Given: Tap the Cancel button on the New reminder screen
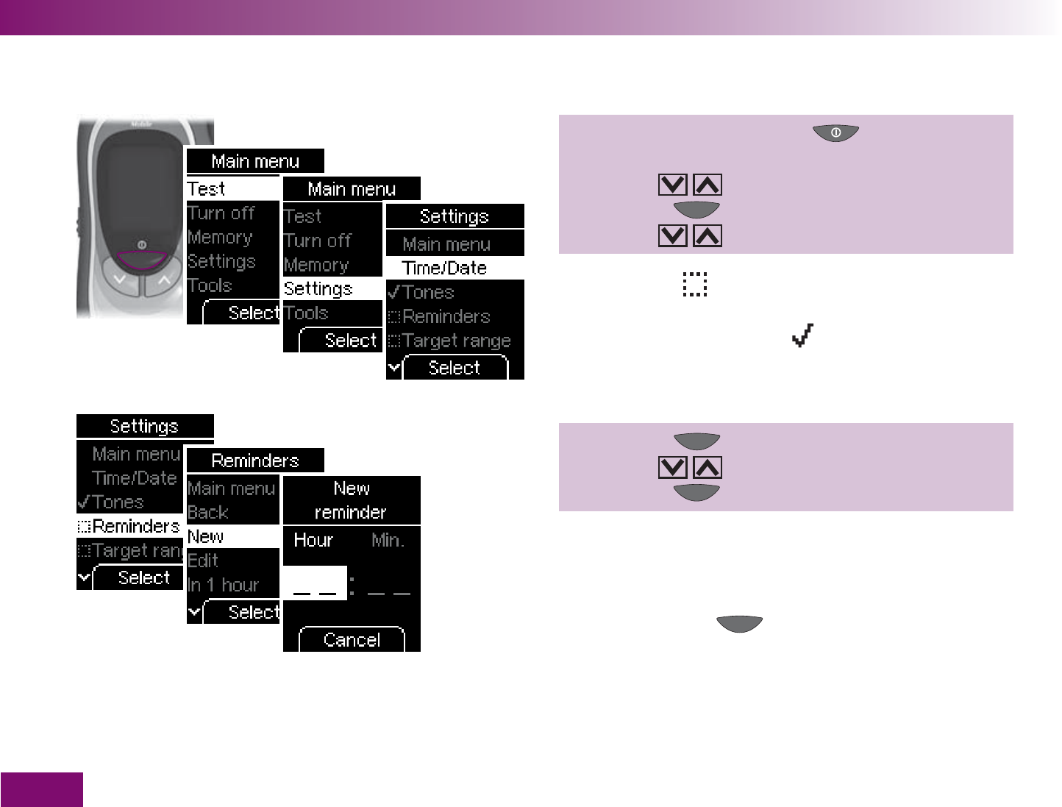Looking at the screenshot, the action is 352,640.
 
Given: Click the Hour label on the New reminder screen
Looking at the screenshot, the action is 313,541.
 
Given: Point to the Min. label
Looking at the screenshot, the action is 388,541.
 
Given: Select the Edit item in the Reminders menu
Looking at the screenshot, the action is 204,561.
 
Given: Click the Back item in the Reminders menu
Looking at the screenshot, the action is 208,512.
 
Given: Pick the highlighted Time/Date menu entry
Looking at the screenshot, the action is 445,268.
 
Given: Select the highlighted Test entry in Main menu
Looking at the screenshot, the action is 207,189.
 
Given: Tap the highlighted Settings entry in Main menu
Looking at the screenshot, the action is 318,288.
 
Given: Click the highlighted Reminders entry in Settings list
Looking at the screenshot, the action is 129,526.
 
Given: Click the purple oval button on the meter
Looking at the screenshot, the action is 141,260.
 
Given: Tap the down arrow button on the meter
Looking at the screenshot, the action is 120,280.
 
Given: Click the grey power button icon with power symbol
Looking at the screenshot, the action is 835,133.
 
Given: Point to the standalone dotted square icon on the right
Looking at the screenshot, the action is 695,284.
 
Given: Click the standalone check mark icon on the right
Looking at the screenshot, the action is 802,336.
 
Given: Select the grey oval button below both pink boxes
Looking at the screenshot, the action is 740,624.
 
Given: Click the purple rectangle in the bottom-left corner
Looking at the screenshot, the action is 41,789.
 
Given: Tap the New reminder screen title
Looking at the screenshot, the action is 352,500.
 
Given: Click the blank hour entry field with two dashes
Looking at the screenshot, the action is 316,583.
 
